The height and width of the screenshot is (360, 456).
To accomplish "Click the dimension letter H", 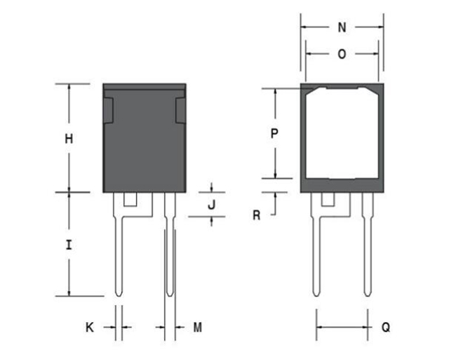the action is (69, 139).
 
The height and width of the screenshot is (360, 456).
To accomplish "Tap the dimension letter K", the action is (89, 327).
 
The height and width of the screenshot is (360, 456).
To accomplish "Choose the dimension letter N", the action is (342, 28).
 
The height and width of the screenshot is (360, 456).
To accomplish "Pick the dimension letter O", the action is (342, 54).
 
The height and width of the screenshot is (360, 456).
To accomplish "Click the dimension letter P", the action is (274, 133).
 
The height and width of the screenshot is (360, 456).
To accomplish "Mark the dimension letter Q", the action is (386, 327).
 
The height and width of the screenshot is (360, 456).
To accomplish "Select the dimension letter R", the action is (257, 215).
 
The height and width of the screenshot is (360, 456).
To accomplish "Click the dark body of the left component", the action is (145, 147).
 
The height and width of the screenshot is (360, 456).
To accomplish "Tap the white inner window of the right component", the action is (342, 133).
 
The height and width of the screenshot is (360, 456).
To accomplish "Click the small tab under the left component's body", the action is (130, 199).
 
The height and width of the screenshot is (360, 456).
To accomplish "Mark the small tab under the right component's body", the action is (328, 199).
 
